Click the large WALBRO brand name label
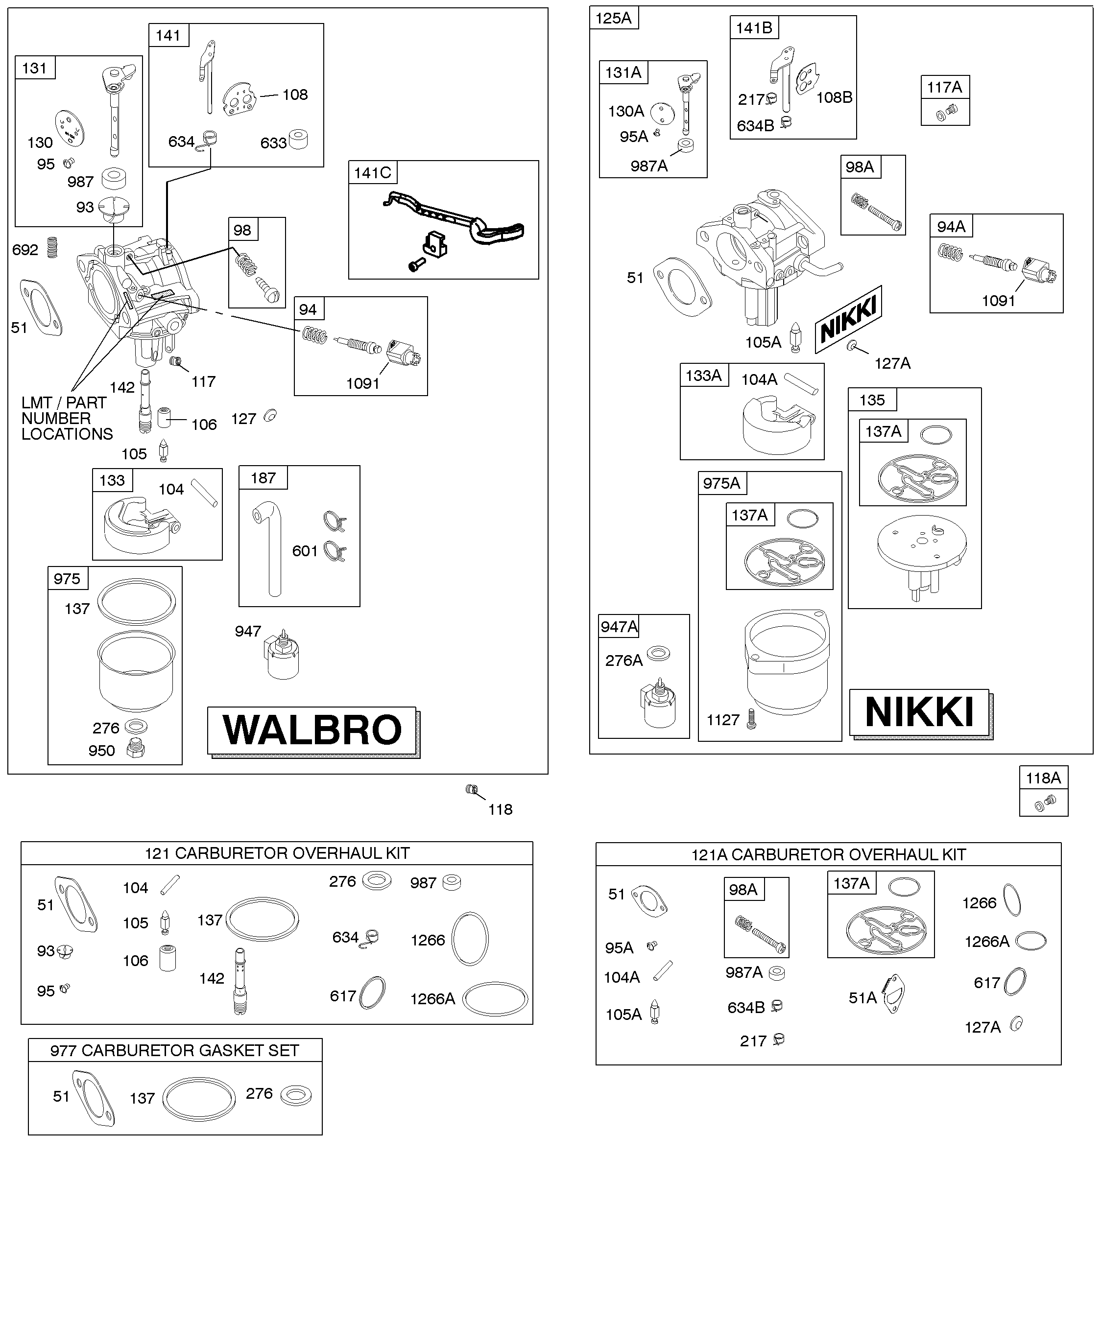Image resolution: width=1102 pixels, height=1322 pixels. click(312, 730)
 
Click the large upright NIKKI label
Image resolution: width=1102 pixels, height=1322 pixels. click(919, 712)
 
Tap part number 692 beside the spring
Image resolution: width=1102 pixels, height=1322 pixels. click(25, 250)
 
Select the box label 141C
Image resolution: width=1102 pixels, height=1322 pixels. click(373, 172)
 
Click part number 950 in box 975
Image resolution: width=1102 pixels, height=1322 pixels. click(102, 751)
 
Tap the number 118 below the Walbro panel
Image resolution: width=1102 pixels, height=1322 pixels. click(501, 809)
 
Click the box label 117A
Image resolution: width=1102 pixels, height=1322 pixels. click(945, 88)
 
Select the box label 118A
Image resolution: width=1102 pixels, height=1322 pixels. click(1043, 778)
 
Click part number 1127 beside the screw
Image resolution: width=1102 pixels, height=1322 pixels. click(723, 720)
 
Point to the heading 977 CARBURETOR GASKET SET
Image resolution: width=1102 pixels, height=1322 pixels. click(174, 1050)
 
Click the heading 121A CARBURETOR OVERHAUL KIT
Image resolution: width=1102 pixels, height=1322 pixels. click(829, 854)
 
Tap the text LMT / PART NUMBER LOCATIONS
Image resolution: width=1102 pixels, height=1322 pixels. click(67, 418)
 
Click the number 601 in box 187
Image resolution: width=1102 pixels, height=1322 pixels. click(305, 551)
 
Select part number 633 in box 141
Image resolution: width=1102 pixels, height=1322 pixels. click(273, 143)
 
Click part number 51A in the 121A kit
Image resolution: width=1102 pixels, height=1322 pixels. click(862, 998)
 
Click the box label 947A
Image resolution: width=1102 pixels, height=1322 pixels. click(619, 626)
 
